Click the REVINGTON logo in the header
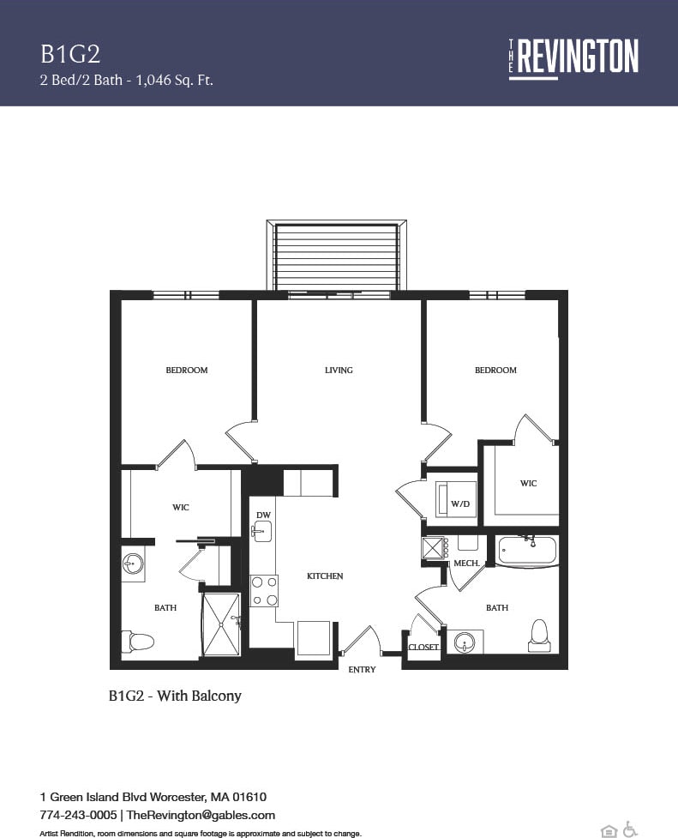573,57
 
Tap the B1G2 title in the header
70,54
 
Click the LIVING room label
339,371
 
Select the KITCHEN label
325,576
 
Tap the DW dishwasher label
263,515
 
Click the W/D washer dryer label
460,504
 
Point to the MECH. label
466,564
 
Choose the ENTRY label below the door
362,670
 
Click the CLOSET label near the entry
423,648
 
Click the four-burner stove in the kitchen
263,591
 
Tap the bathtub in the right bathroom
526,551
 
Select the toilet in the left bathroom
138,641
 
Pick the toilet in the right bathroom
539,631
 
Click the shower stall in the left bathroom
220,624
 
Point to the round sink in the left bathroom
133,564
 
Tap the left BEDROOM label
187,371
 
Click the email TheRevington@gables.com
201,815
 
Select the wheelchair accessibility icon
630,829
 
